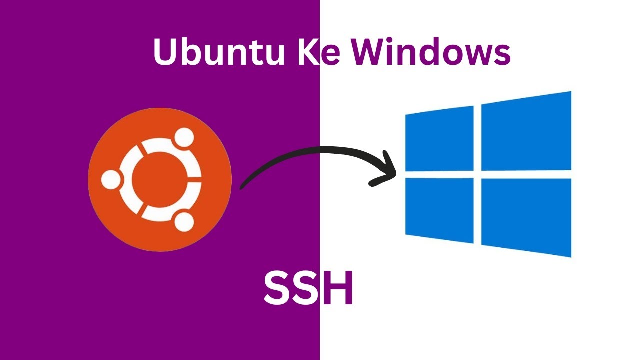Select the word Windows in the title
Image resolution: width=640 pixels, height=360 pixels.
point(430,52)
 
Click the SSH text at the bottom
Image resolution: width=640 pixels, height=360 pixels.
point(308,288)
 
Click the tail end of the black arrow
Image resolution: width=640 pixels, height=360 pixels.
point(243,186)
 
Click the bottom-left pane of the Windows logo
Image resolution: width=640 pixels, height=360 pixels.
point(439,209)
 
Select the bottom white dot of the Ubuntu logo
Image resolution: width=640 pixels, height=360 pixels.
point(184,221)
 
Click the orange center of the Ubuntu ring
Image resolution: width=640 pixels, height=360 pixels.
point(159,179)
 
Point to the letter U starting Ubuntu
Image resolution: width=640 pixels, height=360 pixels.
point(166,52)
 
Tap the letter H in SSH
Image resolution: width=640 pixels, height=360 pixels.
point(339,288)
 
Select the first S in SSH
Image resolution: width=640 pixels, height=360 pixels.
point(277,288)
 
